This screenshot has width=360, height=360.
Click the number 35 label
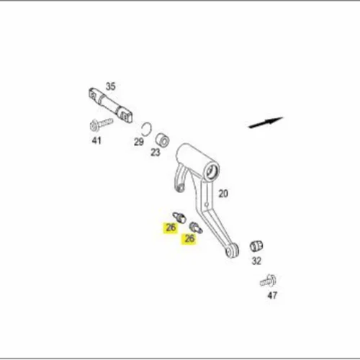click(x=111, y=86)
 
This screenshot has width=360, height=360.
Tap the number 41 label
click(x=96, y=140)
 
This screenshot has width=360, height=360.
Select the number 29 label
click(x=139, y=142)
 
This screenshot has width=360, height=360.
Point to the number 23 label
click(x=156, y=152)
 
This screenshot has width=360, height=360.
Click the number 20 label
click(x=223, y=194)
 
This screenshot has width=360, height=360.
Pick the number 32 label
click(x=256, y=261)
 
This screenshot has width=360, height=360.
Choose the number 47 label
click(x=272, y=295)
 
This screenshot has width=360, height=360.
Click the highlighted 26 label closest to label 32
click(x=189, y=238)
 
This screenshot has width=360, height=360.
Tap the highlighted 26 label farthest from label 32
click(x=171, y=228)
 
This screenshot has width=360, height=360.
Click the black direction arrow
click(x=266, y=122)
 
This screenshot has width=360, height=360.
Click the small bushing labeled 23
click(x=163, y=140)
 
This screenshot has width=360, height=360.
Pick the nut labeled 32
click(x=256, y=246)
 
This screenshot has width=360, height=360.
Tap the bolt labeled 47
click(x=269, y=281)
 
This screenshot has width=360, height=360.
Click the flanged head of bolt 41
click(x=94, y=126)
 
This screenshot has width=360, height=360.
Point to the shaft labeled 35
click(x=111, y=106)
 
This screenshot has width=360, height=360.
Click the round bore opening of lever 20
click(x=212, y=171)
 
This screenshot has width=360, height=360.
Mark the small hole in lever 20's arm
click(x=207, y=204)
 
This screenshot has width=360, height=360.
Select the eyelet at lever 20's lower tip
click(x=233, y=251)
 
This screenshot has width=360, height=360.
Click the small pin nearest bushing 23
click(x=179, y=217)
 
